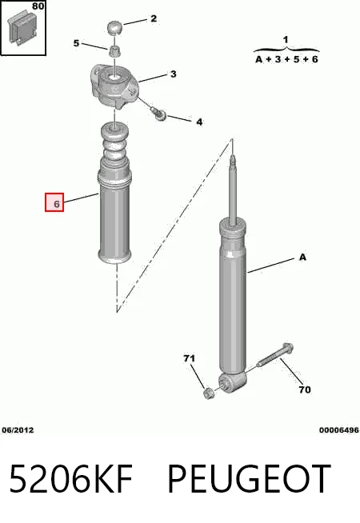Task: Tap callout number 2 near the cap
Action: tap(153, 18)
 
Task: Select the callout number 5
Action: tap(77, 43)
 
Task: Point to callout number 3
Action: tap(173, 74)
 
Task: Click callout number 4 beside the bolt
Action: tap(199, 122)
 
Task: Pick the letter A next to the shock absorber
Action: tap(302, 258)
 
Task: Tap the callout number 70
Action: tap(305, 389)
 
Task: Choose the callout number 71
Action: tap(189, 358)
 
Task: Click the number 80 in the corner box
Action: tap(38, 6)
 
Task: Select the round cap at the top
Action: tap(114, 27)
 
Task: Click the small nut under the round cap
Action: tap(114, 52)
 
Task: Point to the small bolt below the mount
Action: tap(159, 114)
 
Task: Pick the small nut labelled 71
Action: tap(209, 393)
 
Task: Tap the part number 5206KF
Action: tap(70, 478)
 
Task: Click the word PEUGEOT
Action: tap(249, 478)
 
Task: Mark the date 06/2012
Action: tap(18, 430)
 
